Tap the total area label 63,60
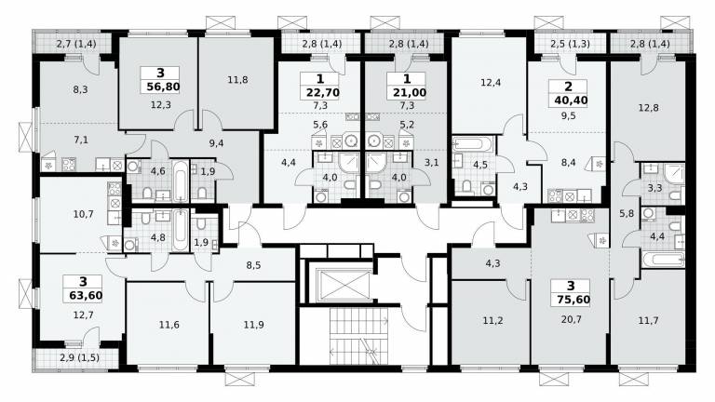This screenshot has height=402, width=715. coord(86,296)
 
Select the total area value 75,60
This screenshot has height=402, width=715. coord(573,300)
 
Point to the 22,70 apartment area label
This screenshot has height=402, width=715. coord(322,92)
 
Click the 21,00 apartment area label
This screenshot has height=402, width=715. coord(410,92)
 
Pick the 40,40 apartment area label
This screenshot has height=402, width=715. coord(571,100)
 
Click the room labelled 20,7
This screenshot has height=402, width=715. coord(572,320)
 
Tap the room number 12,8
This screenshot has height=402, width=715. coord(648,109)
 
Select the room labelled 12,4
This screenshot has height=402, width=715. coord(491,83)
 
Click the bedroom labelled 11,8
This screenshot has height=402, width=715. coord(237,80)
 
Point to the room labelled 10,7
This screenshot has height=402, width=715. coord(84,213)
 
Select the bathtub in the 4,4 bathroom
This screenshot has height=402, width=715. coord(663,260)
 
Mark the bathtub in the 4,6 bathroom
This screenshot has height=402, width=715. coord(181,180)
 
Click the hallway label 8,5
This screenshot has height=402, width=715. coord(253,265)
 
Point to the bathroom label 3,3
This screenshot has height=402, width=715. coord(654,187)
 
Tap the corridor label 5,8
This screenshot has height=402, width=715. coord(627,213)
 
